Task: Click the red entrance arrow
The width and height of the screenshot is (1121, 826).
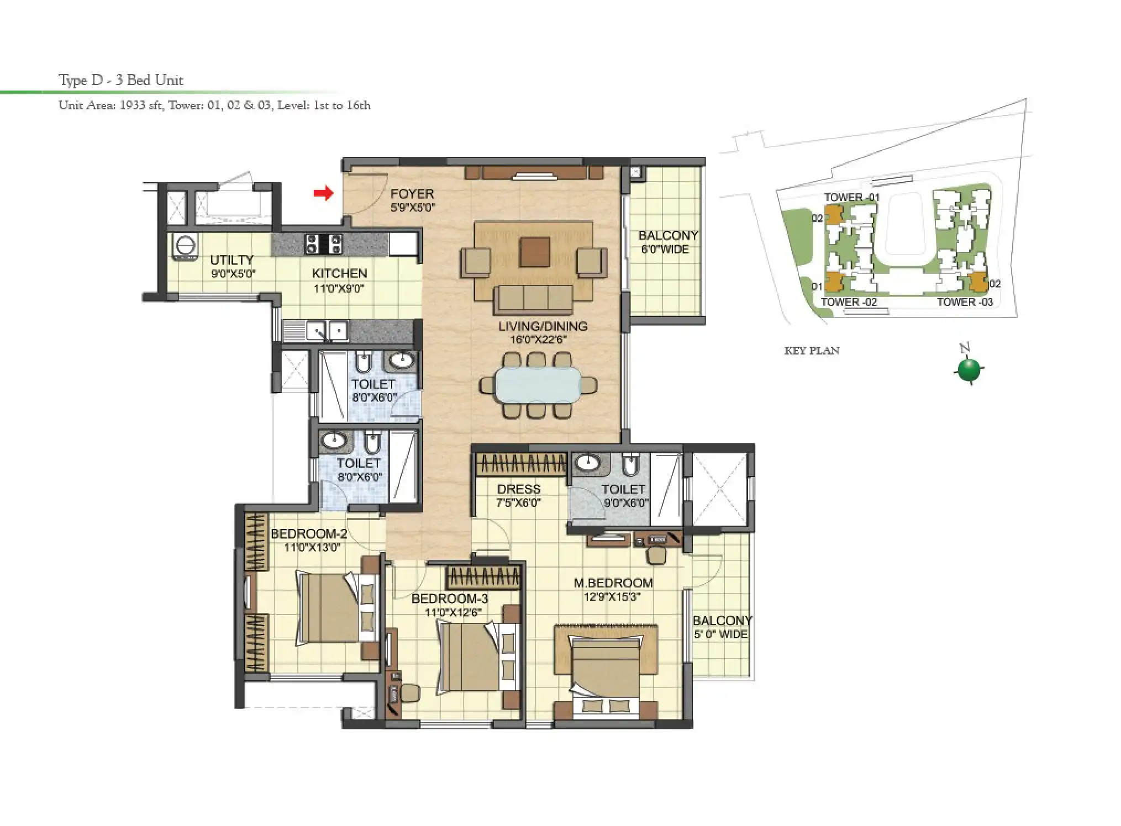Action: point(324,193)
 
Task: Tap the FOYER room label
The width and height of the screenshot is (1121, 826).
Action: point(412,194)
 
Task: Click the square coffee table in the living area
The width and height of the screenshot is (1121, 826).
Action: point(534,252)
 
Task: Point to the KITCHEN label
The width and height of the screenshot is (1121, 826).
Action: point(339,273)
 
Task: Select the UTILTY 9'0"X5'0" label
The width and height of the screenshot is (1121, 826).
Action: point(233,266)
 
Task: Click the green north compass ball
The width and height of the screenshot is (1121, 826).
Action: point(969,370)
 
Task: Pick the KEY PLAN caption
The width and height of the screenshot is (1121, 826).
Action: point(811,351)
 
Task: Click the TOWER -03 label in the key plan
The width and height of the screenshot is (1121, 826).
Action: point(965,302)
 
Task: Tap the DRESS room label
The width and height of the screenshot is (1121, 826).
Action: point(518,489)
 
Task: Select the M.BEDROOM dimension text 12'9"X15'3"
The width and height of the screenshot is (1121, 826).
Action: point(612,597)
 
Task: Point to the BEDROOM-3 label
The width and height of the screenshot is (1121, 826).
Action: point(450,599)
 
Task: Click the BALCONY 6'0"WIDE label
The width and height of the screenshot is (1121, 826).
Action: point(667,242)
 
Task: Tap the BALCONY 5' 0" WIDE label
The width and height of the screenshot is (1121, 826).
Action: point(722,627)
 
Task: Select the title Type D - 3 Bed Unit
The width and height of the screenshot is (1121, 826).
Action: point(121,80)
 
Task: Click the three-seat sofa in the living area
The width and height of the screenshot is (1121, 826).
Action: point(534,299)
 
